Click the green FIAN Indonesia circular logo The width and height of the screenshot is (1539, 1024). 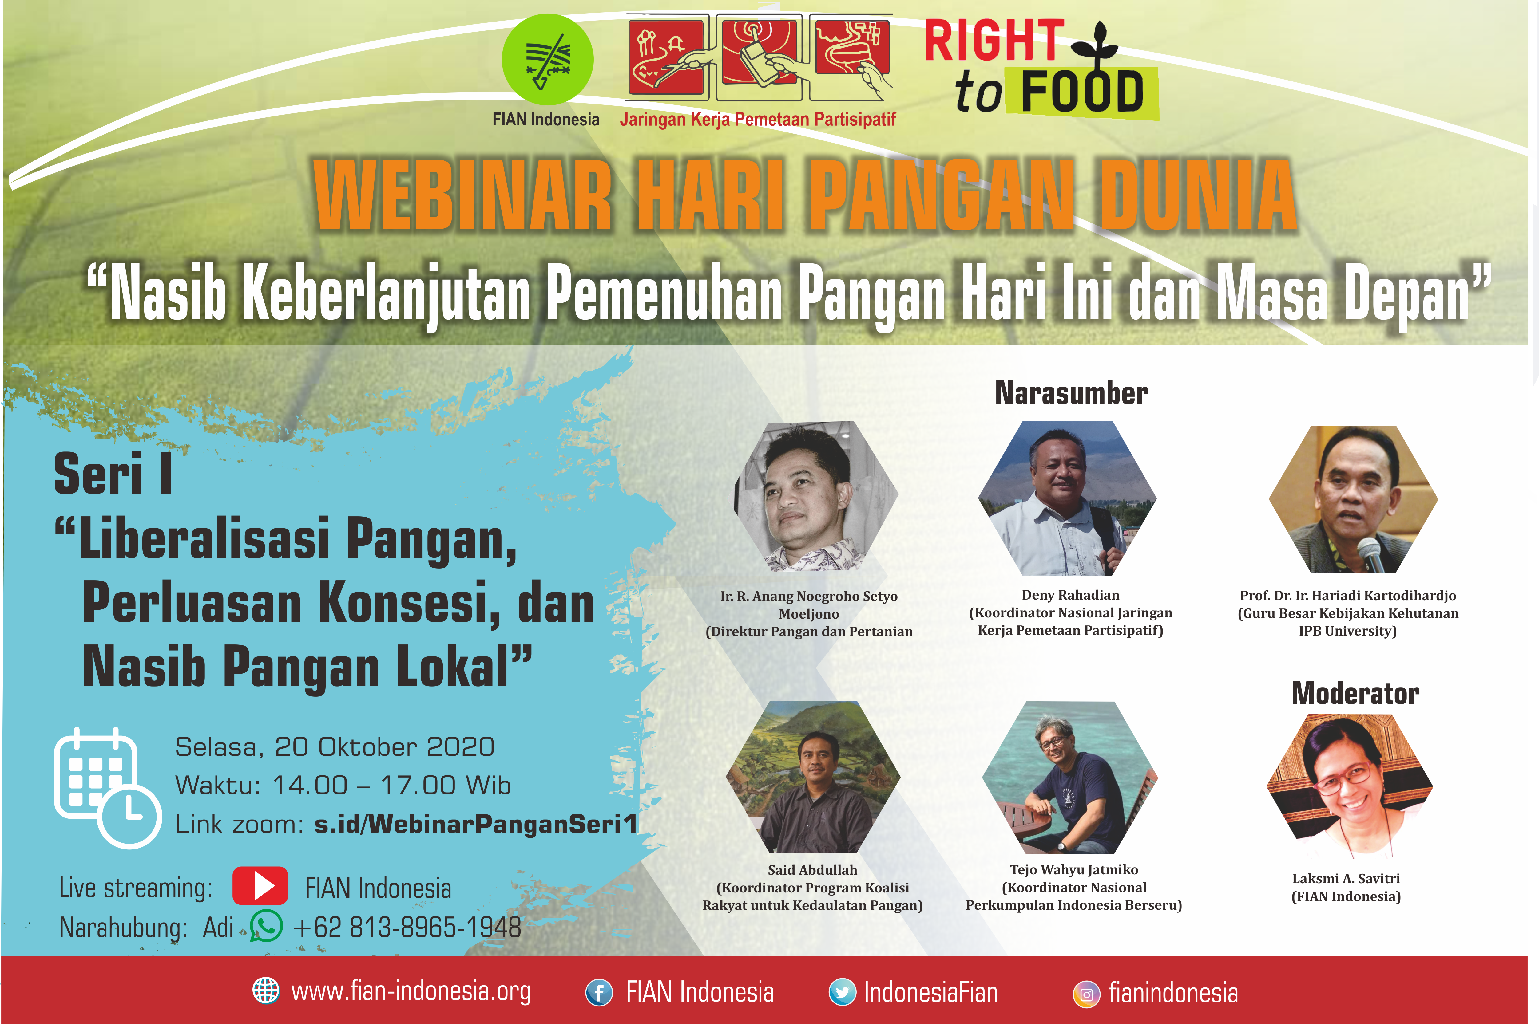[547, 59]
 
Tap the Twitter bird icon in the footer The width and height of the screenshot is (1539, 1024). [842, 993]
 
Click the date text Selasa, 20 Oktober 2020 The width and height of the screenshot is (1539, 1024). [335, 746]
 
